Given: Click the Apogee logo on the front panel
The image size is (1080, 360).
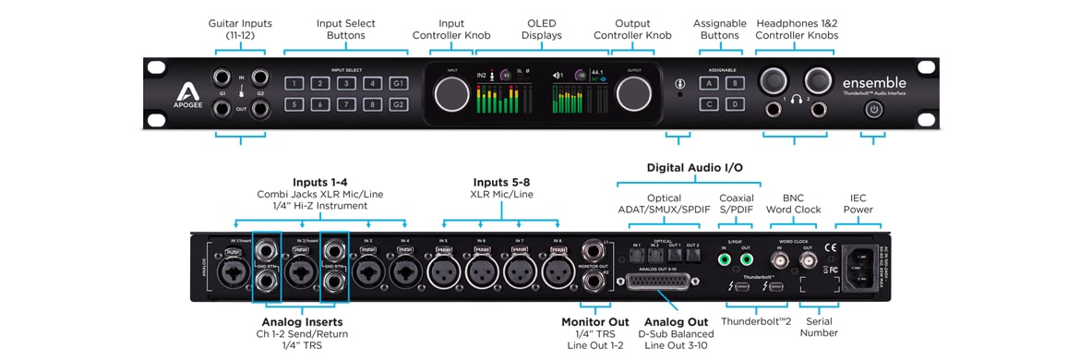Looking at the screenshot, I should point(186,92).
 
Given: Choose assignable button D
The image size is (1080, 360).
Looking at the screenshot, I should point(736,104).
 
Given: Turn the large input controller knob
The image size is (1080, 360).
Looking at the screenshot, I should point(451,92).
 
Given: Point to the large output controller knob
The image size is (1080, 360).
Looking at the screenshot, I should point(634,92).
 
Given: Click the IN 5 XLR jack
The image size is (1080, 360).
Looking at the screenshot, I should point(445,270).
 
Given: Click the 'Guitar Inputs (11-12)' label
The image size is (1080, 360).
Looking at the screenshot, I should point(241,29).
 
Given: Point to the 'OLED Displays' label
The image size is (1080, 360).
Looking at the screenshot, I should point(543,29).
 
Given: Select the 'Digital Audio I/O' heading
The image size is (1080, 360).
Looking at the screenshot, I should point(694,168).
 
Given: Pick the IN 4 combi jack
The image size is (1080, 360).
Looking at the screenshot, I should point(403,270).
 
